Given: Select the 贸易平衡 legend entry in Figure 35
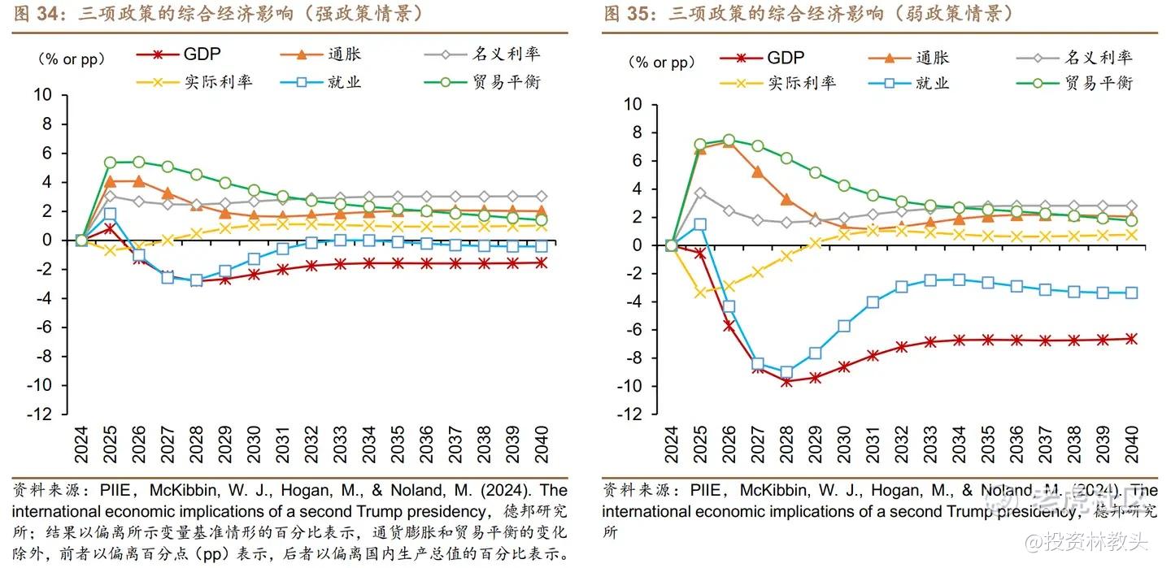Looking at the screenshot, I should click(1098, 83).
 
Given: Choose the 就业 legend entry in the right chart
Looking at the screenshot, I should click(933, 83).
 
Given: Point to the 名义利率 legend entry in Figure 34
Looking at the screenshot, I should click(506, 54).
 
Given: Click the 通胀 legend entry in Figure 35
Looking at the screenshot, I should click(932, 58).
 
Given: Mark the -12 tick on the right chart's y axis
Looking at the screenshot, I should click(629, 414).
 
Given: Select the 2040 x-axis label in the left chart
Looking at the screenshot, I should click(542, 443).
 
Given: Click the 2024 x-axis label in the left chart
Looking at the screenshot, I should click(81, 443).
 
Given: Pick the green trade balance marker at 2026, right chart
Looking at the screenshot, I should click(729, 141).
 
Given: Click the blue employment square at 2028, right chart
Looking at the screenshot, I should click(786, 372).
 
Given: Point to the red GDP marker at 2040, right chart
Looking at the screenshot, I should click(1132, 339).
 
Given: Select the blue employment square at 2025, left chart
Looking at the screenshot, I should click(110, 214).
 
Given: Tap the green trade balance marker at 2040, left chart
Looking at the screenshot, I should click(542, 219).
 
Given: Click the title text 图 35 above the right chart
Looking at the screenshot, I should click(630, 14).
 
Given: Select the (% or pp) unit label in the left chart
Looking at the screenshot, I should click(68, 59).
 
